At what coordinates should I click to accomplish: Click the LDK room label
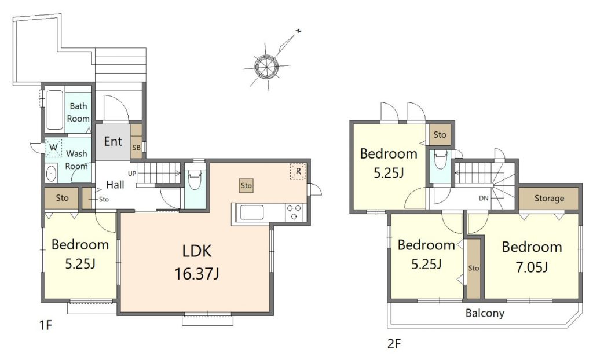coord(197,251)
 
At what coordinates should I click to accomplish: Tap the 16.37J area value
coord(197,273)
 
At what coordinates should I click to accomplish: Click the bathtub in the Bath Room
coord(54,110)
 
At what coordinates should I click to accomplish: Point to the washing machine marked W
coord(53,148)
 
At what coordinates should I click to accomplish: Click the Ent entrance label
coord(113,141)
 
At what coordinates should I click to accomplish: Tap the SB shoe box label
coord(136,148)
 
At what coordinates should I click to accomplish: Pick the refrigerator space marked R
coord(298,171)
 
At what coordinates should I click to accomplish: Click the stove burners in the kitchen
coord(294,212)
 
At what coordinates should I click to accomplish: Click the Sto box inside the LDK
coord(246,186)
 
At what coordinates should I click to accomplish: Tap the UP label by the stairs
coord(132,174)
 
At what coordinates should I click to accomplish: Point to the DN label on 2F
coord(484,198)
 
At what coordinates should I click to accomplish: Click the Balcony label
coord(485,313)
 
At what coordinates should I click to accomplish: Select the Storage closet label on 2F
coord(549,198)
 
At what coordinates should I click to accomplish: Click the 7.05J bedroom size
coord(532,267)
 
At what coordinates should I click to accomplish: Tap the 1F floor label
coord(45,325)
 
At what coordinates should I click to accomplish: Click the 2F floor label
coord(394,344)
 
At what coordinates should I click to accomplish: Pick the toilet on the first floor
coord(195,180)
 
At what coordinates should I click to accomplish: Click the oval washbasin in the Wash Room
coord(51,174)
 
